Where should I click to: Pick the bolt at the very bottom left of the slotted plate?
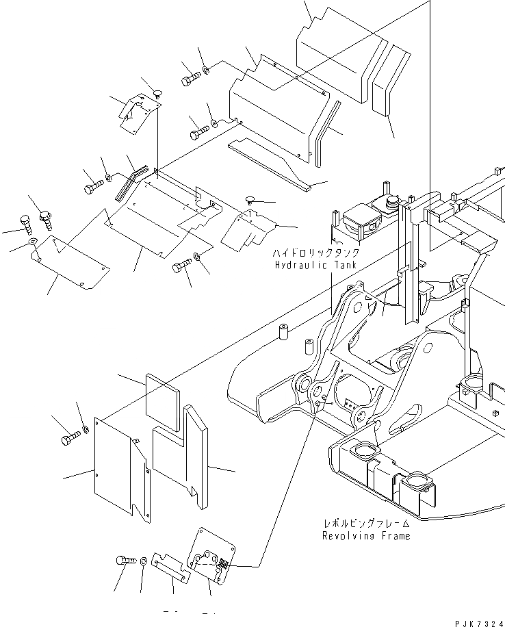point(125,561)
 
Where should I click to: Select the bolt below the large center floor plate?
point(182,266)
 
